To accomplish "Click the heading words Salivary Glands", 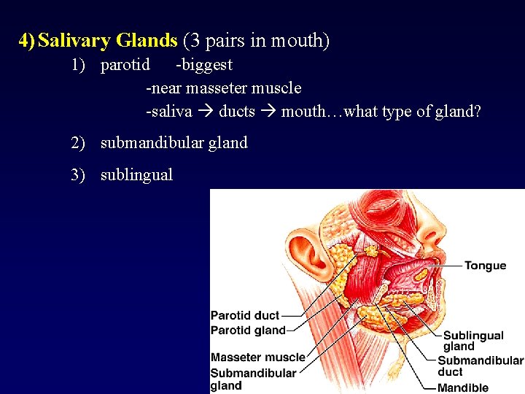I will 107,41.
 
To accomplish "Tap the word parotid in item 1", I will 125,65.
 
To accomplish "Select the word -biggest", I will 204,65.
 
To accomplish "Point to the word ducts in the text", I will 237,112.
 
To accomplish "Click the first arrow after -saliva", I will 205,112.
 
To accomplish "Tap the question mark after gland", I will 477,112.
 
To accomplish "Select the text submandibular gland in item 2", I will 174,143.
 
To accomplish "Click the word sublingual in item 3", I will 136,175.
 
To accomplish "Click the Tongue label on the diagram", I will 485,266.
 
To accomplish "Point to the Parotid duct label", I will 245,316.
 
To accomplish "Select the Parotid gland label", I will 248,331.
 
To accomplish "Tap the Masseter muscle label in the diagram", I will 257,358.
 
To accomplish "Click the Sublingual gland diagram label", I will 472,341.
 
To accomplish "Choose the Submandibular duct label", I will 480,366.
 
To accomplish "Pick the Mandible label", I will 462,387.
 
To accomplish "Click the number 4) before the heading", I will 27,41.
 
